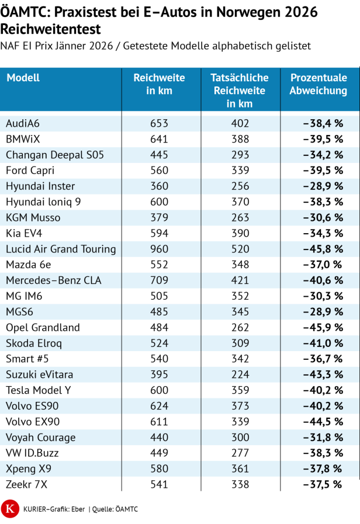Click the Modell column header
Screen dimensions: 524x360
click(23, 78)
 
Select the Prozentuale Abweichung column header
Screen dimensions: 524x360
click(318, 84)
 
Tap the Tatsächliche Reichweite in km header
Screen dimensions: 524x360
click(240, 91)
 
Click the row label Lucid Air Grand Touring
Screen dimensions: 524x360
click(61, 249)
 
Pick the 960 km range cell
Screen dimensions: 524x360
click(159, 249)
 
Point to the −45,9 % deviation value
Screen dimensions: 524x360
click(323, 328)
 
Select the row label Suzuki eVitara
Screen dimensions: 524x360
click(39, 374)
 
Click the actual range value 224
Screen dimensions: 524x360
click(240, 374)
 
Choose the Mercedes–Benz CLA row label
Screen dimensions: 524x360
click(53, 280)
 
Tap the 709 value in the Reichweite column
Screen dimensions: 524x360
click(159, 280)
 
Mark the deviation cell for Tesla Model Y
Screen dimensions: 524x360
click(323, 390)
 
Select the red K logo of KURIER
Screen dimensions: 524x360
click(9, 508)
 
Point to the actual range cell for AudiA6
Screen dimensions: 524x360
click(240, 124)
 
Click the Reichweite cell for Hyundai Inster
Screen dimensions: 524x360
click(159, 186)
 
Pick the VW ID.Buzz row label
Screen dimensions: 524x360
click(33, 453)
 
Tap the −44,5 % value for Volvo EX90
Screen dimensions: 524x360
click(323, 422)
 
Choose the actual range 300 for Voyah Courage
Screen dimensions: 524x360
click(240, 438)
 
